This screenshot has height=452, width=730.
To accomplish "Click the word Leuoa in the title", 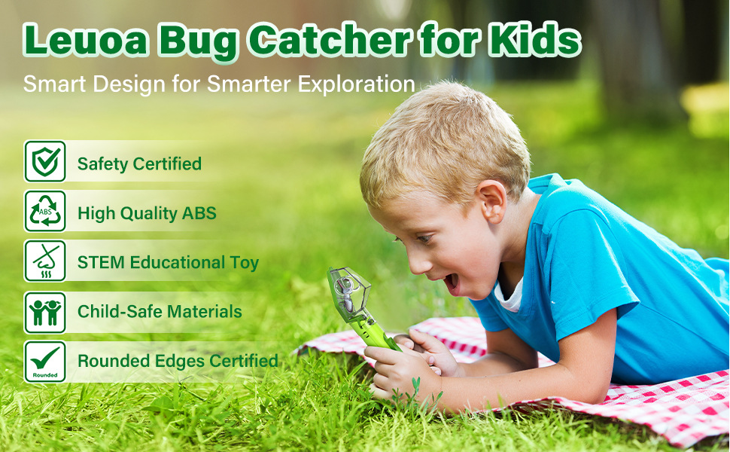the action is [86, 40].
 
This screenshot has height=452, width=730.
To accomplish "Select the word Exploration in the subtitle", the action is [356, 84].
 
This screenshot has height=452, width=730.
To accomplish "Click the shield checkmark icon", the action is [45, 161].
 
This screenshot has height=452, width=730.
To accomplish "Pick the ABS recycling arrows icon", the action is [45, 211].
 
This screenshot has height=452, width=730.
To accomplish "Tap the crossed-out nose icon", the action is [45, 261].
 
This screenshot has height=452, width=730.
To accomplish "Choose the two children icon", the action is [45, 312].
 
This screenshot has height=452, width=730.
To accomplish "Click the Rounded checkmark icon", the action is [45, 362].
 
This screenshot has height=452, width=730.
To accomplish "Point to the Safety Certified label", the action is [139, 164].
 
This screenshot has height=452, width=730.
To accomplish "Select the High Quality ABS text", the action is [147, 213].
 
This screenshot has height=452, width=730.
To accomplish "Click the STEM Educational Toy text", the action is [168, 262].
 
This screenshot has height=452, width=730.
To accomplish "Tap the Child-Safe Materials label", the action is [160, 311].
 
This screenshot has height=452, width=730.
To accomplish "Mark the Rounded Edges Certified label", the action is [178, 361].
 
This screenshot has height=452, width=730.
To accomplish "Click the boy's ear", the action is [493, 202].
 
